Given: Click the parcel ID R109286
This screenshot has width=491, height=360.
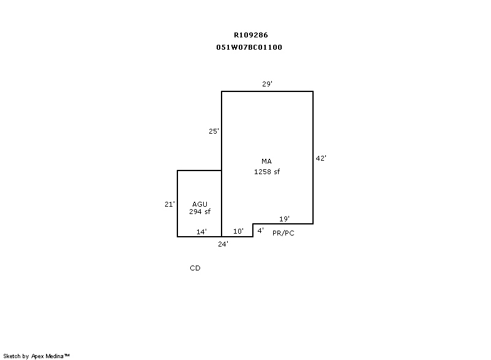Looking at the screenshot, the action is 251,35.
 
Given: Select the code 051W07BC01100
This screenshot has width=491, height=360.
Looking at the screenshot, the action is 249,47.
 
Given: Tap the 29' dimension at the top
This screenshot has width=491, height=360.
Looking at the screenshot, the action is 267,84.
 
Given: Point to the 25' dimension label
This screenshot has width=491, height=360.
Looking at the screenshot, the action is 214,131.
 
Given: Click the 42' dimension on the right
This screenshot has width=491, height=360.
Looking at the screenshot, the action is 321,158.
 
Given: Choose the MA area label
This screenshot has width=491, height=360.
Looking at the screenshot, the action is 266,161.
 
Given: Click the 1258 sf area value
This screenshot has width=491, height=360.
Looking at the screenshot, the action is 267,172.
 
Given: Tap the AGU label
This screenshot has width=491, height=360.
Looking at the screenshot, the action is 200,204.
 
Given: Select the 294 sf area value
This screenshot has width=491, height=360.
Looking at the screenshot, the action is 200,212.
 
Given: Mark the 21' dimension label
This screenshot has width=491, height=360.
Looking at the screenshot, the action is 170,204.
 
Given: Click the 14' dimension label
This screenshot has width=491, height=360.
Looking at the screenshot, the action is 201,232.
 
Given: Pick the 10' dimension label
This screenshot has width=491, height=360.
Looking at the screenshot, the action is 238,231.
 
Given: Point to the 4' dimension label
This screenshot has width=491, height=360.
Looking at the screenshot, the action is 260,231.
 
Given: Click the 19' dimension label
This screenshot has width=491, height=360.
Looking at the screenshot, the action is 284,219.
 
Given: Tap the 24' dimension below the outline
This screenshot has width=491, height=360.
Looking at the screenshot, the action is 223,244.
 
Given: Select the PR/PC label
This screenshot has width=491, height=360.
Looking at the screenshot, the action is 284,233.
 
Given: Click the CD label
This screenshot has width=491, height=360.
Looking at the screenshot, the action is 195,268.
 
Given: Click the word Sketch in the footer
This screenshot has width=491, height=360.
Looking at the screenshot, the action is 12,356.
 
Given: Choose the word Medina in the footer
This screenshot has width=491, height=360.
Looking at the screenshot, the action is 55,356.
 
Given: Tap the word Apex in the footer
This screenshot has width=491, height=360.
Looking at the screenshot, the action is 37,356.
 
